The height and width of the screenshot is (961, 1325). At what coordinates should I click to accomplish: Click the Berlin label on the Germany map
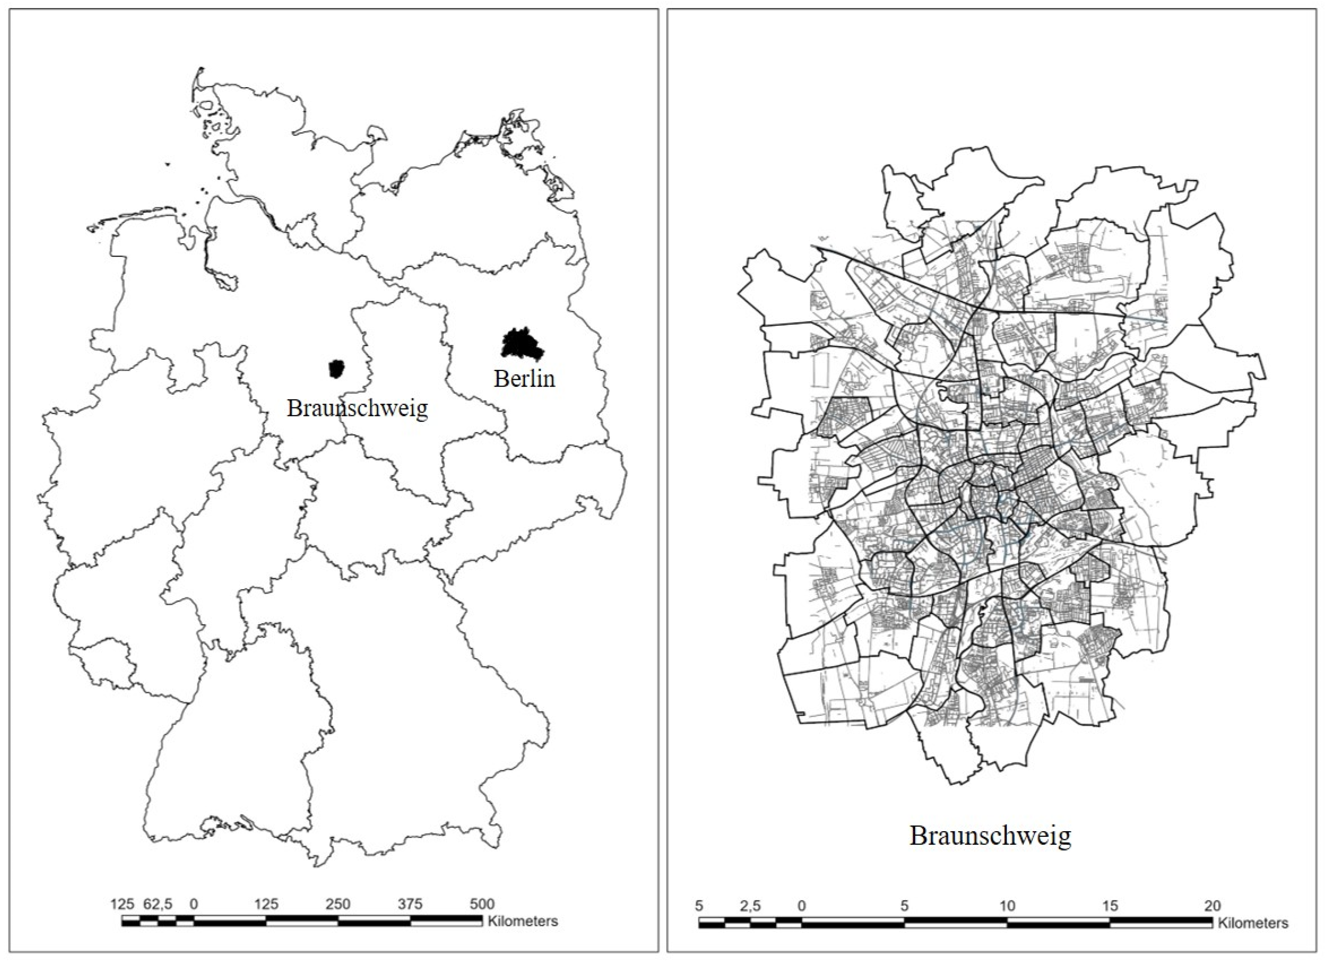[x=524, y=379]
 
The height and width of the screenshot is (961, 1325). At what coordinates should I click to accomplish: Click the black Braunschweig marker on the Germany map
[x=336, y=369]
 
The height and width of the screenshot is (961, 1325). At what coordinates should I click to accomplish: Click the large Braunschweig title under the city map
[x=990, y=836]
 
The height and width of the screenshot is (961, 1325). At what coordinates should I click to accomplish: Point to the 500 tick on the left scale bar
[x=482, y=904]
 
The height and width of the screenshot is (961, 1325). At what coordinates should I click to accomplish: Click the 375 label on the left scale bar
[x=410, y=904]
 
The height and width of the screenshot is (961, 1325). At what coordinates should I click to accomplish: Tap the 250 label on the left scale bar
[x=338, y=904]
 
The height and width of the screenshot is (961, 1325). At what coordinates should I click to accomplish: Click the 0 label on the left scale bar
[x=194, y=904]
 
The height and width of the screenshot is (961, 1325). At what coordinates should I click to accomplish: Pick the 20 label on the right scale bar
[x=1212, y=906]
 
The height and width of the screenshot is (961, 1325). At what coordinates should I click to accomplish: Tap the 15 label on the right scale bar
[x=1110, y=906]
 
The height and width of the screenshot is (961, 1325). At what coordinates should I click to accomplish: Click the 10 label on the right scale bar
[x=1007, y=906]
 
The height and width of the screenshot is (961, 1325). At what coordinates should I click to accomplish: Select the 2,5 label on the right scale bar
[x=750, y=906]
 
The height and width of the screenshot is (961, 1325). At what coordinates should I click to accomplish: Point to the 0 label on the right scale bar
[x=801, y=906]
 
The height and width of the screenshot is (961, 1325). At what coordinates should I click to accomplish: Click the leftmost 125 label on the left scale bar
[x=123, y=904]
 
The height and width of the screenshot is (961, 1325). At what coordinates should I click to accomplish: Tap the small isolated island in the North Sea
[x=168, y=164]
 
